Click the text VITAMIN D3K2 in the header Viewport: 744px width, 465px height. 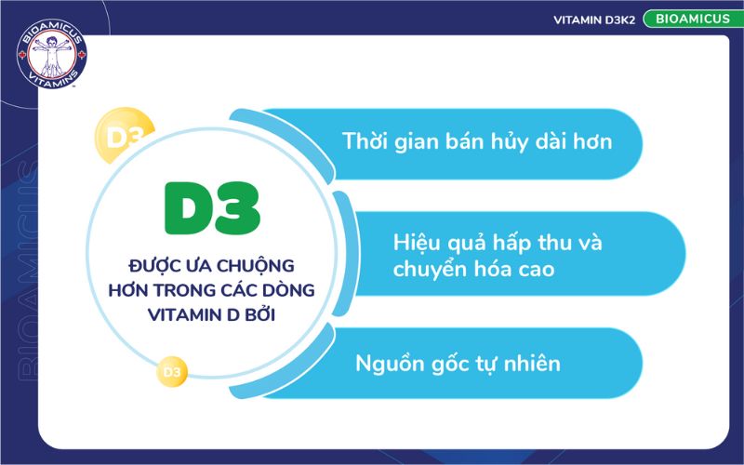593,20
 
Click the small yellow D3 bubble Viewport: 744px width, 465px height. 171,372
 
